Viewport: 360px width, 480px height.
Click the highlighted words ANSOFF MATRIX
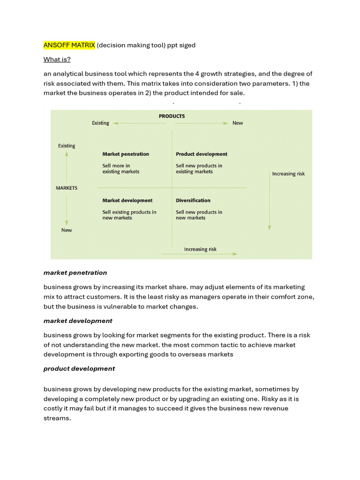69,45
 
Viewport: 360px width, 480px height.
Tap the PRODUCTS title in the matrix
172,116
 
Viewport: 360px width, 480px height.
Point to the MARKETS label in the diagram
67,188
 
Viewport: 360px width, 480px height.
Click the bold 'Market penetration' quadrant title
126,154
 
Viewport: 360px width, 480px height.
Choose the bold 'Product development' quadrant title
201,154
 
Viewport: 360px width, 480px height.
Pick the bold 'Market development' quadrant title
127,200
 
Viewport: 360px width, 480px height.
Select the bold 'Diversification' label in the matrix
193,200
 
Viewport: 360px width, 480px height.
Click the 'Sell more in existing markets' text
120,168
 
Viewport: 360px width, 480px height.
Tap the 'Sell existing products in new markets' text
129,215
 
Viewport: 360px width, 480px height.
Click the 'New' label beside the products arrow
238,123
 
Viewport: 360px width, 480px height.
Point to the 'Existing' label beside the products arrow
100,123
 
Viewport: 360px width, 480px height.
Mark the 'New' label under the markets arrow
67,230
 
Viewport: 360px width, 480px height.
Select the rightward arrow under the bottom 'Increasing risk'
199,254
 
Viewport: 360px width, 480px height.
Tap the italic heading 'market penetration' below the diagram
75,272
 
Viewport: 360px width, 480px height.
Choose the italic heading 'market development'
78,321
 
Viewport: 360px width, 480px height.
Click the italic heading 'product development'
79,368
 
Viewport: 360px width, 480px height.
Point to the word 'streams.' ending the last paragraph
57,418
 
